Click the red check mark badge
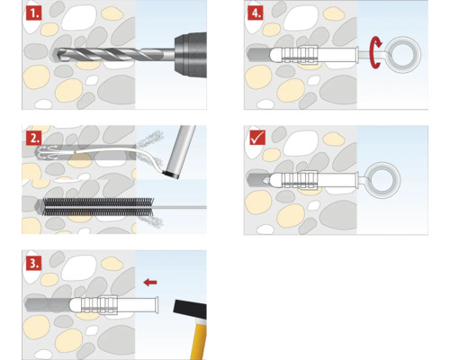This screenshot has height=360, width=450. click(256, 137)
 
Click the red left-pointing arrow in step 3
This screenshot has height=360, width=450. click(151, 281)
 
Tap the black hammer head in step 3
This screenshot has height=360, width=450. click(187, 309)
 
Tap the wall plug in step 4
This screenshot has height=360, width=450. click(310, 56)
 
